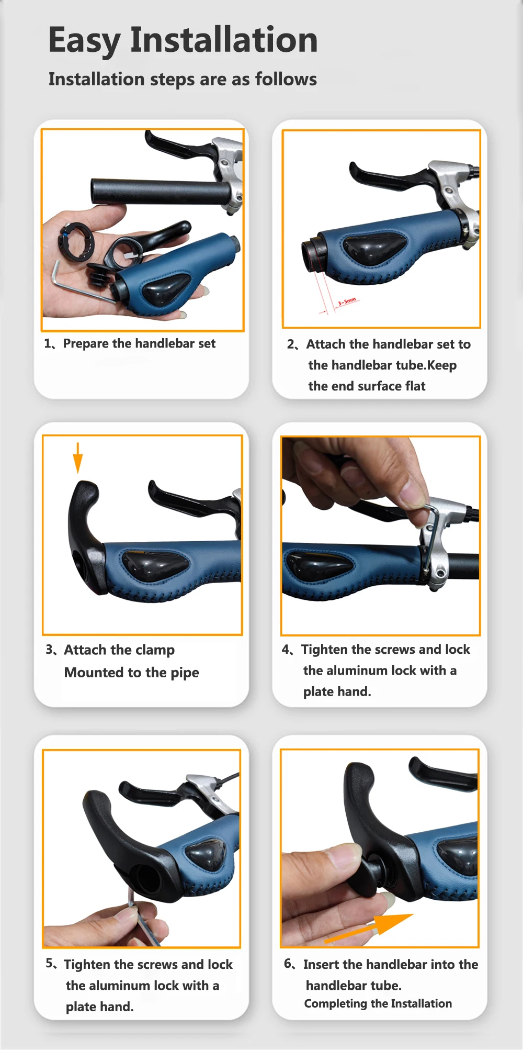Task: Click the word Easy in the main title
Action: pyautogui.click(x=84, y=41)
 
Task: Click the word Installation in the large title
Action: pyautogui.click(x=224, y=40)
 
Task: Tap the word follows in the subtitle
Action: pyautogui.click(x=286, y=79)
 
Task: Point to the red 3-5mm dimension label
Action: pyautogui.click(x=347, y=301)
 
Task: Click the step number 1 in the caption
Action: pyautogui.click(x=48, y=344)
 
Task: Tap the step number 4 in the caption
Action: pyautogui.click(x=286, y=650)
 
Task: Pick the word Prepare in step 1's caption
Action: pyautogui.click(x=86, y=344)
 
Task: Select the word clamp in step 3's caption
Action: pyautogui.click(x=155, y=651)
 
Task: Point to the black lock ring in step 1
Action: pyautogui.click(x=76, y=241)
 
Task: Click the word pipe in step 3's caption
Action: pyautogui.click(x=185, y=673)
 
